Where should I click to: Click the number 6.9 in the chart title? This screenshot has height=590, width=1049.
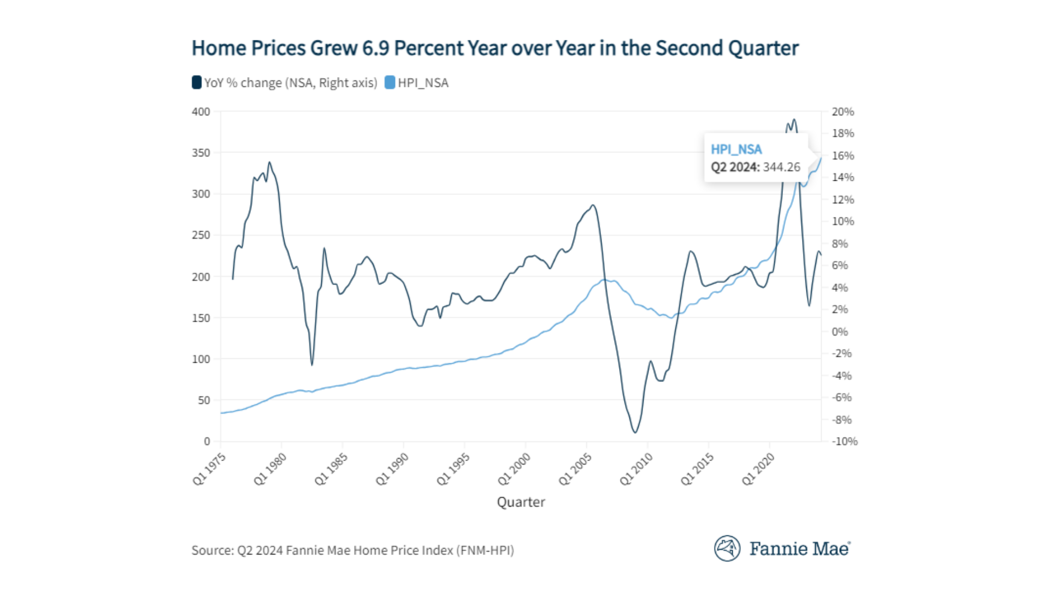[375, 48]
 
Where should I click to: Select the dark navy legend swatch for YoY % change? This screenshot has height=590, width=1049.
[197, 82]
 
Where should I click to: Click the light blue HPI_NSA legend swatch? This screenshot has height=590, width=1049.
[390, 82]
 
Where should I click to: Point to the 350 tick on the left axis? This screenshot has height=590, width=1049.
[201, 153]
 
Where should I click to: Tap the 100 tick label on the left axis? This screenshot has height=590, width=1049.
[201, 359]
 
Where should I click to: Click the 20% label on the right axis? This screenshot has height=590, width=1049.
[842, 111]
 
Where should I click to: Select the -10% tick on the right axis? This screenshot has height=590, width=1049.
[844, 441]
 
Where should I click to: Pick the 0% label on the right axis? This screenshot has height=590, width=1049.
[840, 332]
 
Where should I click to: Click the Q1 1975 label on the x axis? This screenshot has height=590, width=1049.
[209, 469]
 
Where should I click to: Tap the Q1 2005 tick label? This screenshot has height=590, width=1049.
[575, 469]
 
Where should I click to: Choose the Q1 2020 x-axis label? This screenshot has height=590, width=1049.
[758, 469]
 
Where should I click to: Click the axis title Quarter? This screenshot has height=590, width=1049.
[521, 502]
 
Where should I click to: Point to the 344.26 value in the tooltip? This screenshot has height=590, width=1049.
[781, 167]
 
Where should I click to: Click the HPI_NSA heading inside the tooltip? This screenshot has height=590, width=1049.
[736, 149]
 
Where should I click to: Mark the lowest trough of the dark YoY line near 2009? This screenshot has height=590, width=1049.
[635, 433]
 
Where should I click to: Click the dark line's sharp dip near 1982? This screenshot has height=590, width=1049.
[312, 364]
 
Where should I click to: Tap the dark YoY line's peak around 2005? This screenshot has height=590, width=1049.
[593, 205]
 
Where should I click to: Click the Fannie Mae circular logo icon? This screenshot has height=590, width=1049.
[727, 548]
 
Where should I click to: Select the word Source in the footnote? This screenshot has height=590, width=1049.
[211, 550]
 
